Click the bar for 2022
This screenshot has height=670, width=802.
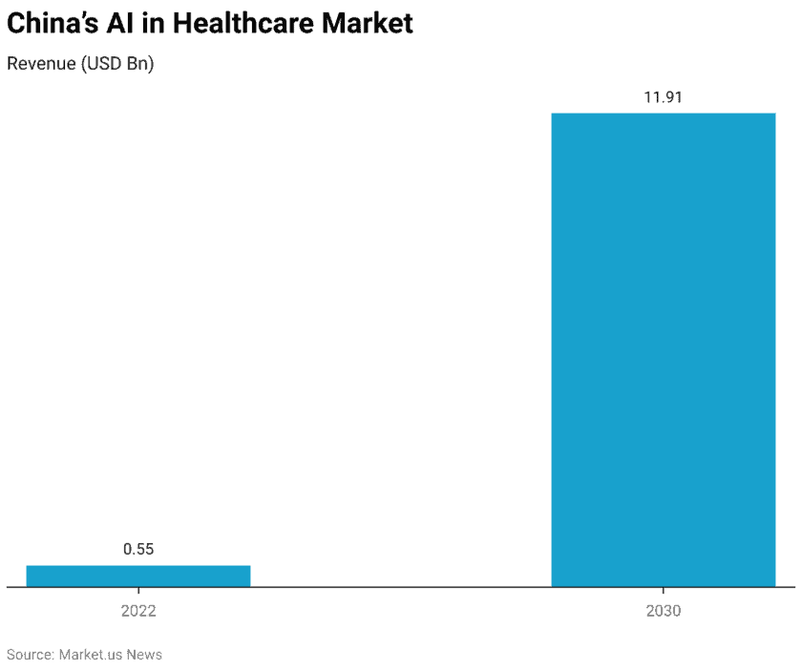[138, 576]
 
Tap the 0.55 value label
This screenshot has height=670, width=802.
[138, 549]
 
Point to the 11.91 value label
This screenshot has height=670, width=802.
[663, 96]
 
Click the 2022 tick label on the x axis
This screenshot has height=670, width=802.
[138, 611]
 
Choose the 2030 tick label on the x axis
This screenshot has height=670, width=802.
[664, 611]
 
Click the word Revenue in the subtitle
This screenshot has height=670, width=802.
[40, 64]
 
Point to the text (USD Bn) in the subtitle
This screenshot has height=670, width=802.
[116, 64]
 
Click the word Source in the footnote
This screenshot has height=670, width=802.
[29, 655]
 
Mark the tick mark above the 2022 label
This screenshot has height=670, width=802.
[138, 592]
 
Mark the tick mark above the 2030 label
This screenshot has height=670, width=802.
[664, 592]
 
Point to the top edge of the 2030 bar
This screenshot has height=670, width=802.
[664, 114]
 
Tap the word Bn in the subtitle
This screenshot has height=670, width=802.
[137, 64]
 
